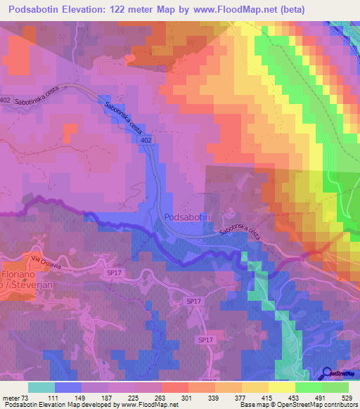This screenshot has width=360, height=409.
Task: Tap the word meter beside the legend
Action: pos(9,397)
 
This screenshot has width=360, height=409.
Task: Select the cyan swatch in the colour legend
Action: pos(41,387)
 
